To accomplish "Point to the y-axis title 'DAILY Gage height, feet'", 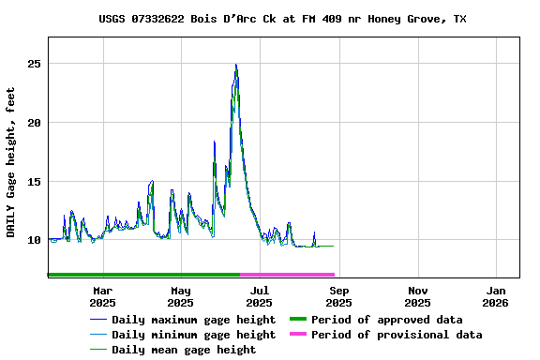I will point(11,161).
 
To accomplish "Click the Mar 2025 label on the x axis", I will point(102,296).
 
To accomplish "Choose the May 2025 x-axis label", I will point(181,296).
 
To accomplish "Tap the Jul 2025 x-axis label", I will point(260,296).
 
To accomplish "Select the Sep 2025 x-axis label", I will point(339,296).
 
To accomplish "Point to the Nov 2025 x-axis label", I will point(418,296).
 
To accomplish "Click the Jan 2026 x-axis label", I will point(497,296).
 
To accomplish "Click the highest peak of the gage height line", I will point(236,65).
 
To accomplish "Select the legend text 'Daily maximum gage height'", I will point(193,320).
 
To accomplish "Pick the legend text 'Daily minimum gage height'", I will point(193,335).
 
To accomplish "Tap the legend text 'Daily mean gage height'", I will point(184,350).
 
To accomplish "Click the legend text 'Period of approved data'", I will point(386,320).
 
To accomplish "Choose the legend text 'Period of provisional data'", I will point(397,335).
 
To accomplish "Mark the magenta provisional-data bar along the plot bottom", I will point(287,275).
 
